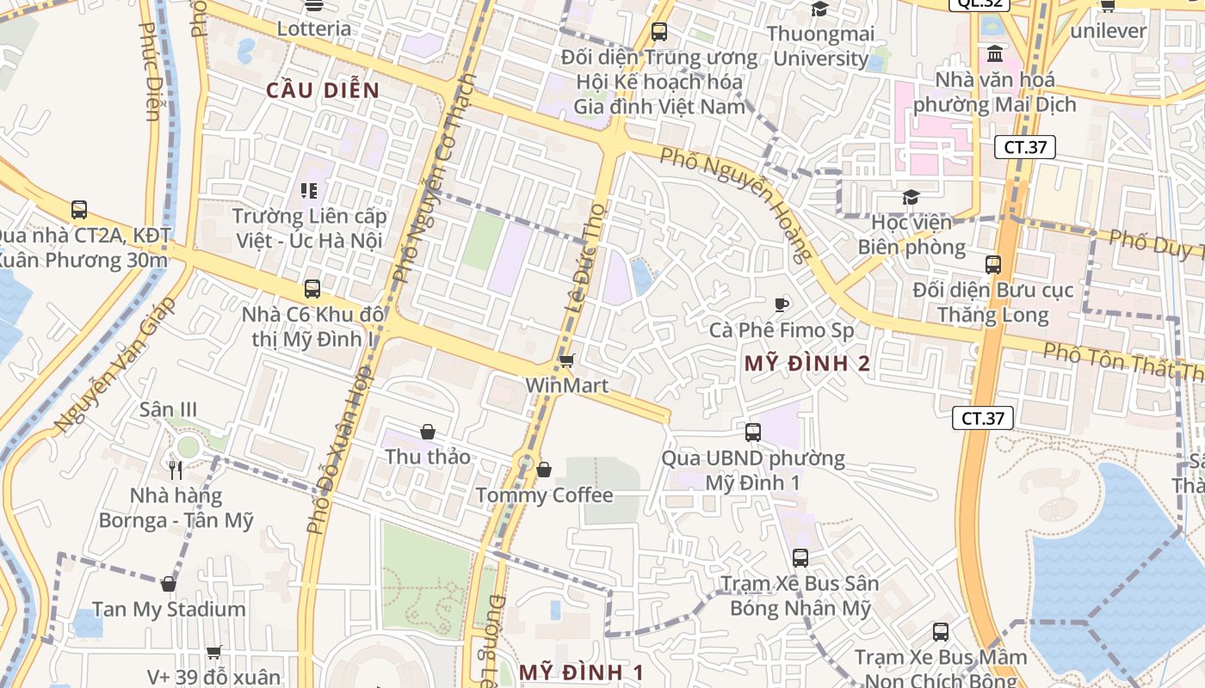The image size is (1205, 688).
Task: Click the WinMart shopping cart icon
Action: click(566, 360)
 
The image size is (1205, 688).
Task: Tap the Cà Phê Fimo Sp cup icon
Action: click(781, 304)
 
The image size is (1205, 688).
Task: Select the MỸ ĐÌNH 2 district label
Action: click(806, 363)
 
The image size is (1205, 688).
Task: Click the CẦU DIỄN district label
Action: click(322, 90)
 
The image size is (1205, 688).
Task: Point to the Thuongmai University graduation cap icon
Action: click(819, 9)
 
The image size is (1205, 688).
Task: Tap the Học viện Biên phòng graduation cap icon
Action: click(911, 198)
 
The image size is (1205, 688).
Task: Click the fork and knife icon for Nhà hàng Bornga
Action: click(176, 470)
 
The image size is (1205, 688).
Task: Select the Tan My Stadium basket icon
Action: click(169, 584)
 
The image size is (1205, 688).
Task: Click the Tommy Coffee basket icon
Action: click(544, 470)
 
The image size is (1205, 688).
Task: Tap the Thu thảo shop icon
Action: click(428, 432)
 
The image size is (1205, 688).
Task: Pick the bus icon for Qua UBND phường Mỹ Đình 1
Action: click(753, 433)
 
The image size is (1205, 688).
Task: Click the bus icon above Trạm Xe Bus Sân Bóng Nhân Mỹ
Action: click(800, 558)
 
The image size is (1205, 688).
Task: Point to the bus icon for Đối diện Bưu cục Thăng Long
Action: click(993, 265)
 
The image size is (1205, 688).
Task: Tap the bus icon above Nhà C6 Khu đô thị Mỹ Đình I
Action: click(312, 289)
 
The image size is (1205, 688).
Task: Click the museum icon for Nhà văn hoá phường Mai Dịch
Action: click(995, 54)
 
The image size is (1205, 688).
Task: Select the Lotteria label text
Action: click(314, 28)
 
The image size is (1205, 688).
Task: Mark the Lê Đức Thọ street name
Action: click(585, 258)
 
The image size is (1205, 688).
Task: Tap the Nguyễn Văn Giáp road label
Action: click(114, 365)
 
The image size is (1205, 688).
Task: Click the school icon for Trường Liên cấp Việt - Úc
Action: click(308, 190)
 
